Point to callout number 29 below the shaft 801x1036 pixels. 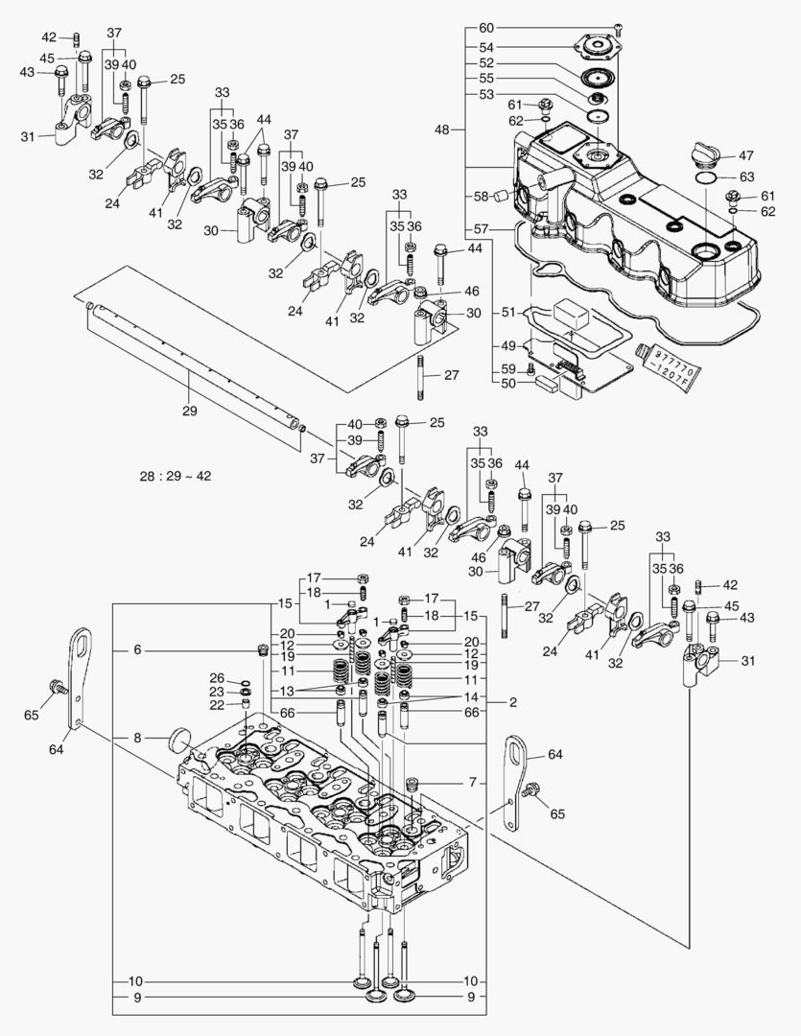(x=188, y=411)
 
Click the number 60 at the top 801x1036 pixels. (x=486, y=27)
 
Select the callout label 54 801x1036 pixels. (x=486, y=47)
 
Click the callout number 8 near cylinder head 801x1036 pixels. (x=137, y=738)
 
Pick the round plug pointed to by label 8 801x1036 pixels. (x=179, y=742)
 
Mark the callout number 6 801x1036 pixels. (x=137, y=649)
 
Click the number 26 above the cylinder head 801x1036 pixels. (x=217, y=678)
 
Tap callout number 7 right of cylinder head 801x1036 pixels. (x=471, y=784)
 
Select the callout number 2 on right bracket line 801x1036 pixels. (x=513, y=702)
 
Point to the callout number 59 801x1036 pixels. (x=509, y=368)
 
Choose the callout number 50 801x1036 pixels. (x=509, y=383)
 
